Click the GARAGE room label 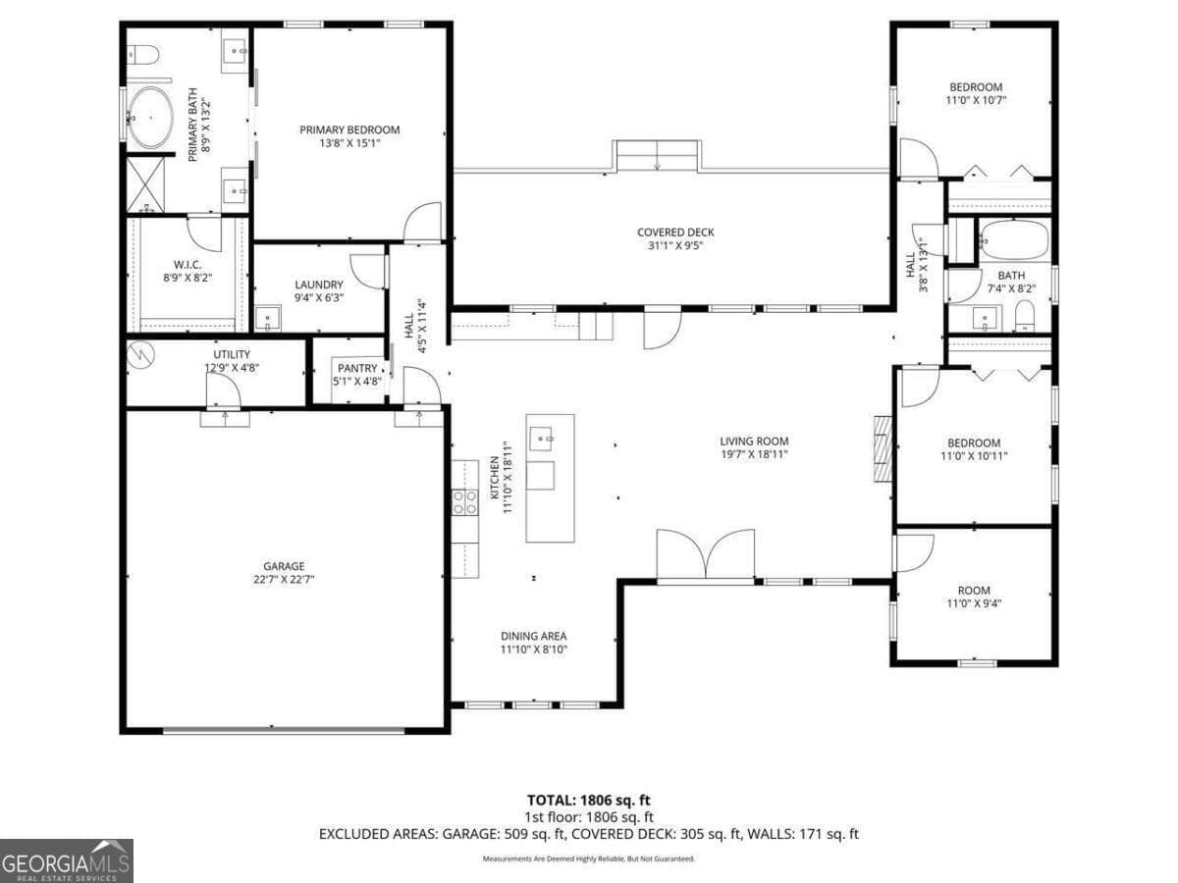click(x=283, y=566)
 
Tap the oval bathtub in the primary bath click(x=150, y=118)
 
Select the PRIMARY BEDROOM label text click(x=349, y=130)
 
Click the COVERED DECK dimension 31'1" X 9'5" click(x=675, y=245)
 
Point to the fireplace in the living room click(x=883, y=448)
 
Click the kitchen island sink click(x=540, y=439)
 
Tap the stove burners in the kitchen click(x=464, y=502)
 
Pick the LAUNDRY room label click(x=318, y=285)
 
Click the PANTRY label click(x=356, y=368)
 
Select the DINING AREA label click(x=533, y=636)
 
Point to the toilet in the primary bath click(x=142, y=55)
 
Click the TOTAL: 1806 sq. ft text click(x=589, y=800)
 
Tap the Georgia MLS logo click(x=66, y=860)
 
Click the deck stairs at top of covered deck click(x=658, y=155)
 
